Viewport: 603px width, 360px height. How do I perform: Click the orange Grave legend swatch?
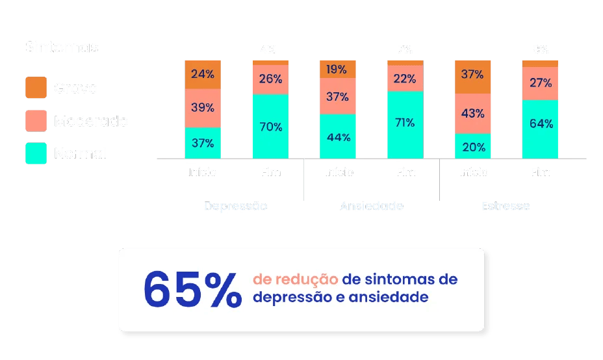(36, 88)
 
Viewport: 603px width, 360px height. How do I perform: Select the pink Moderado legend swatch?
(36, 121)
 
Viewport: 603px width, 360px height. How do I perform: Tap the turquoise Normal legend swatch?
(36, 153)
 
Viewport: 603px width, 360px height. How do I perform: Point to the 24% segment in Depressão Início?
(203, 74)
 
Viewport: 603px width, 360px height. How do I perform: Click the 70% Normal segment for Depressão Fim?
(270, 127)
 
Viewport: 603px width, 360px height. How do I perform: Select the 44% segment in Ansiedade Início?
(338, 136)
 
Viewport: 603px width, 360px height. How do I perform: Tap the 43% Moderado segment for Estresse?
(472, 113)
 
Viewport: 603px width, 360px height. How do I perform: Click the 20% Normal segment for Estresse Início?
(472, 146)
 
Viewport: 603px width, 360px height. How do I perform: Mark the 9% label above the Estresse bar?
(540, 49)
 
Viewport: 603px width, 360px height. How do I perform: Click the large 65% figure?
(192, 289)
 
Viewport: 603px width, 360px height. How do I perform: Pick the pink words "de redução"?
(295, 279)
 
